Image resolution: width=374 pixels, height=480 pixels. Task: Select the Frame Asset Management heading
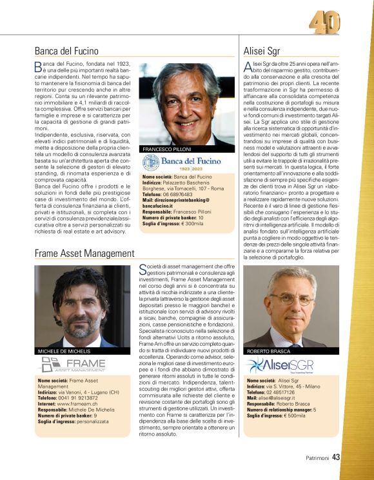pyautogui.click(x=84, y=253)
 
